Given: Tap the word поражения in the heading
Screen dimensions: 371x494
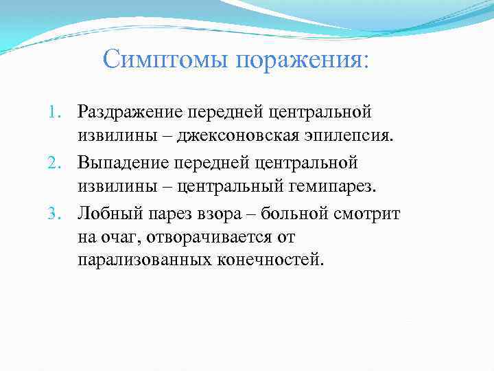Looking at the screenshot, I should point(303,60).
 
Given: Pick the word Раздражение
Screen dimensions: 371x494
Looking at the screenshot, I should point(129,111).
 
